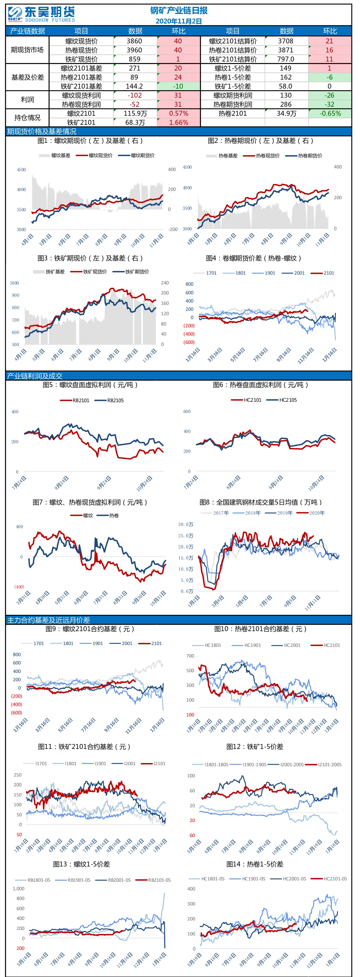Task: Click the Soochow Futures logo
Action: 41,14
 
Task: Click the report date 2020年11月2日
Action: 179,21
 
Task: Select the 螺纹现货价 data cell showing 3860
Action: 134,41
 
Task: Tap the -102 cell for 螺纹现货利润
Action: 134,96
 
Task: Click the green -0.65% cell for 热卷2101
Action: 330,113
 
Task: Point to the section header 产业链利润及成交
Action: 35,376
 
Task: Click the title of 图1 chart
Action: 90,141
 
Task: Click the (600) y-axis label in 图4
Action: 189,342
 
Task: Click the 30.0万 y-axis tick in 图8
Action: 186,524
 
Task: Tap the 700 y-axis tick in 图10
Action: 190,656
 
